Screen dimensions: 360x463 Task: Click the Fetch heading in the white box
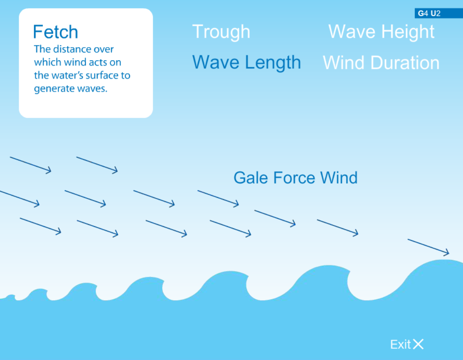[x=55, y=32]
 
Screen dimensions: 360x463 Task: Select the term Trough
[x=221, y=32]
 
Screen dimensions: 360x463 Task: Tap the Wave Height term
[x=381, y=32]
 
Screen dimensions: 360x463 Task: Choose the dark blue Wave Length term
[x=246, y=62]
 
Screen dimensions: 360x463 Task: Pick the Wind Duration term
[x=381, y=63]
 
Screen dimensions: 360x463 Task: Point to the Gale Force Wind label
[x=295, y=178]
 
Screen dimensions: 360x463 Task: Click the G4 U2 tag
[x=429, y=13]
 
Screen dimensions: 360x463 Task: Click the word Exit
[x=400, y=344]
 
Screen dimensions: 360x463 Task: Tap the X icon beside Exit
[x=418, y=344]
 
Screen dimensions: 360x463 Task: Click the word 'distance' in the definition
[x=74, y=49]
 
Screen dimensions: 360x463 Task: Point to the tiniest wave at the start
[x=10, y=296]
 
